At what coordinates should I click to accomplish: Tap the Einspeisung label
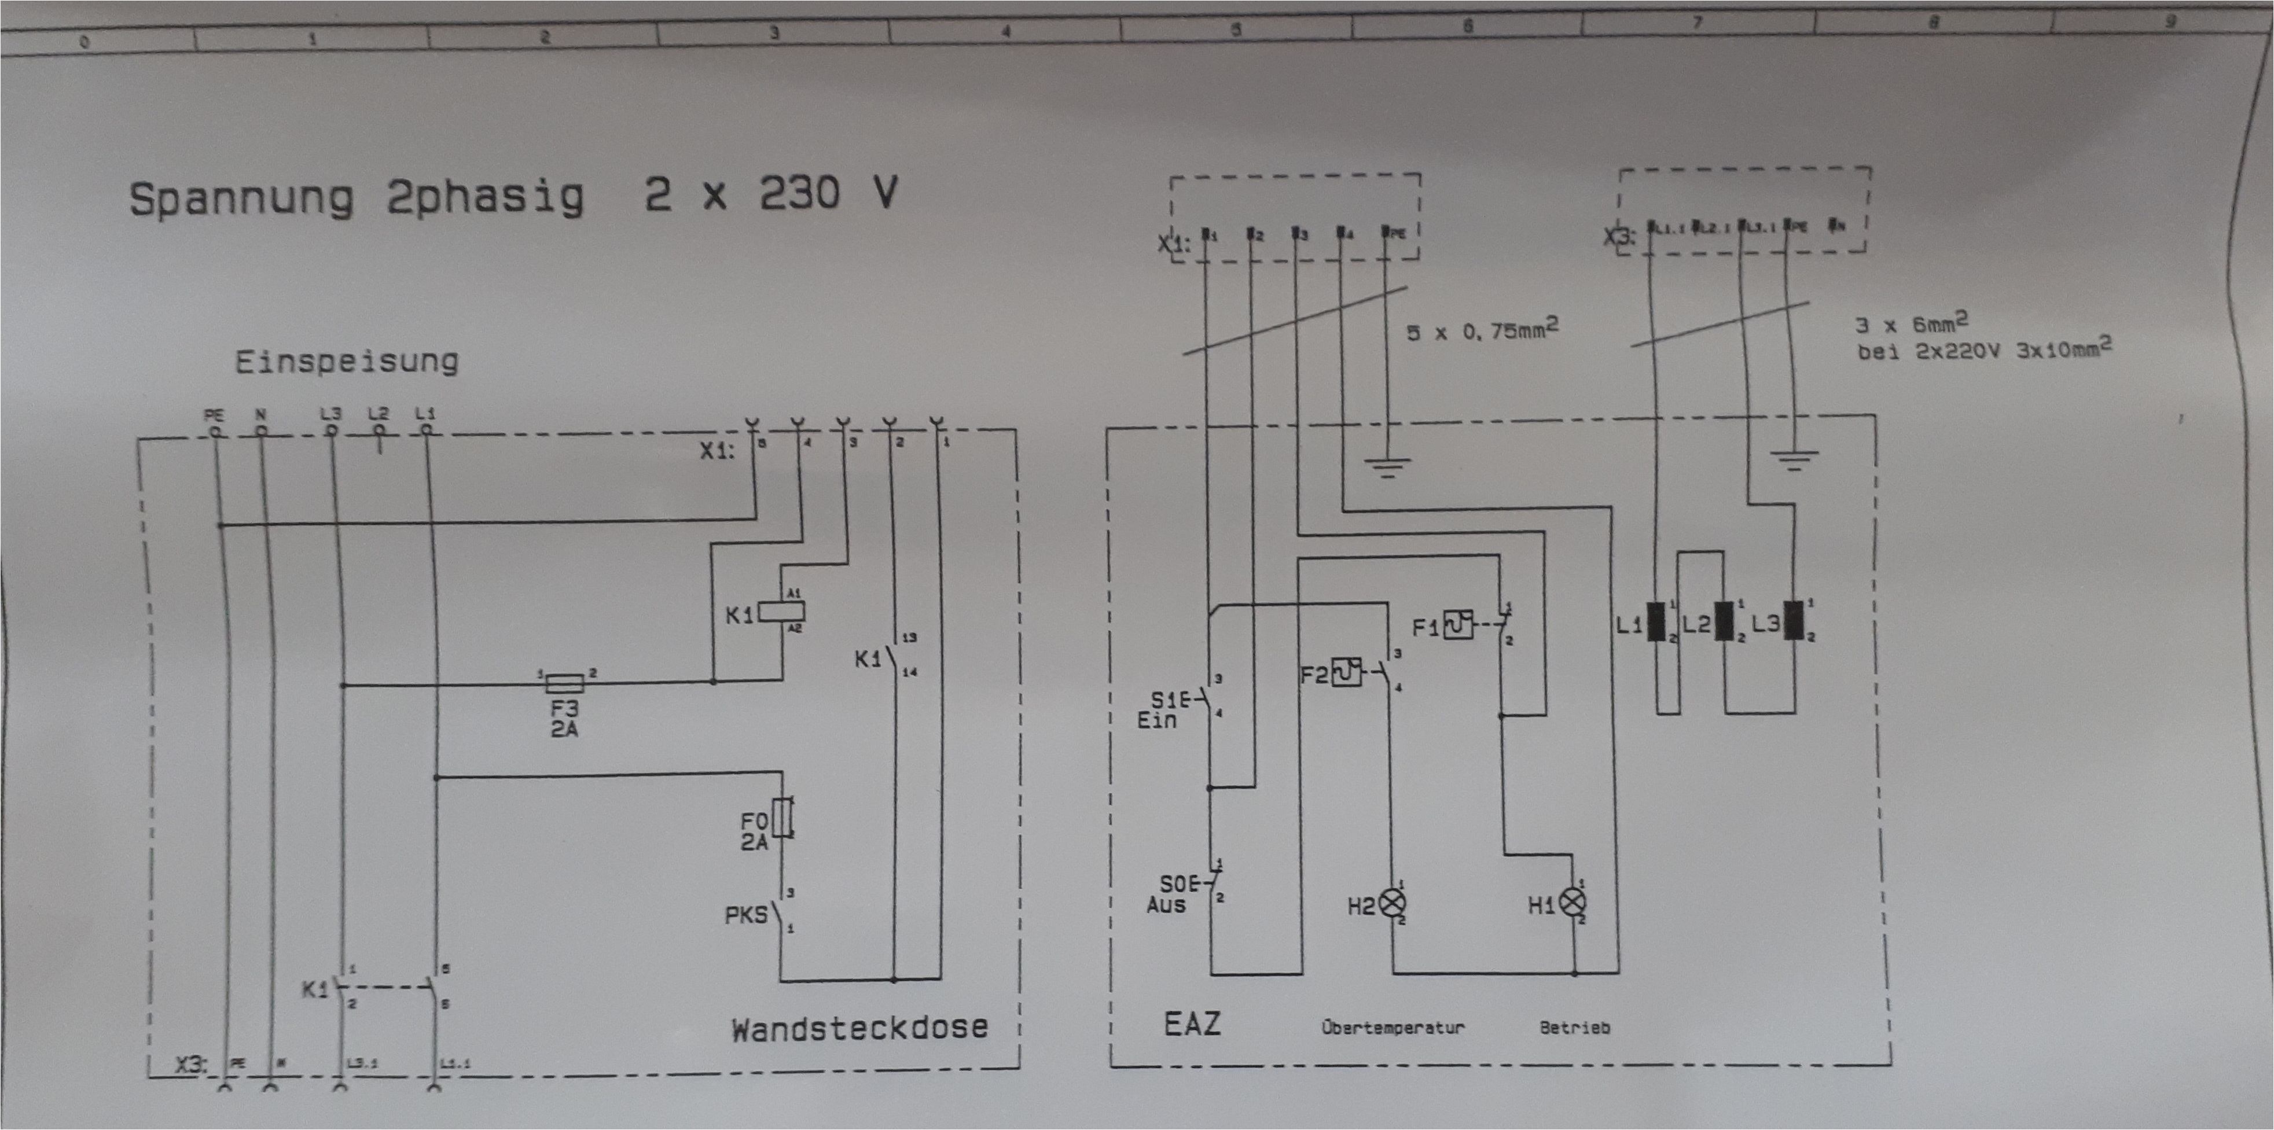coord(346,361)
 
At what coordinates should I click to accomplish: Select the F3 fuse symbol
coord(564,682)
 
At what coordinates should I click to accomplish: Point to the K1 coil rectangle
coord(781,611)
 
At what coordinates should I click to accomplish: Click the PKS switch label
coord(746,915)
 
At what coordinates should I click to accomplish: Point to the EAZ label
coord(1192,1024)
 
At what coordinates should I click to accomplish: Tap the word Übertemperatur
coord(1392,1028)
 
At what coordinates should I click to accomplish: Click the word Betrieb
coord(1574,1028)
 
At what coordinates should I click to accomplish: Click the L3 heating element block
coord(1794,621)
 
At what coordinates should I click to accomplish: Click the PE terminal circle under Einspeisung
coord(215,431)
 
